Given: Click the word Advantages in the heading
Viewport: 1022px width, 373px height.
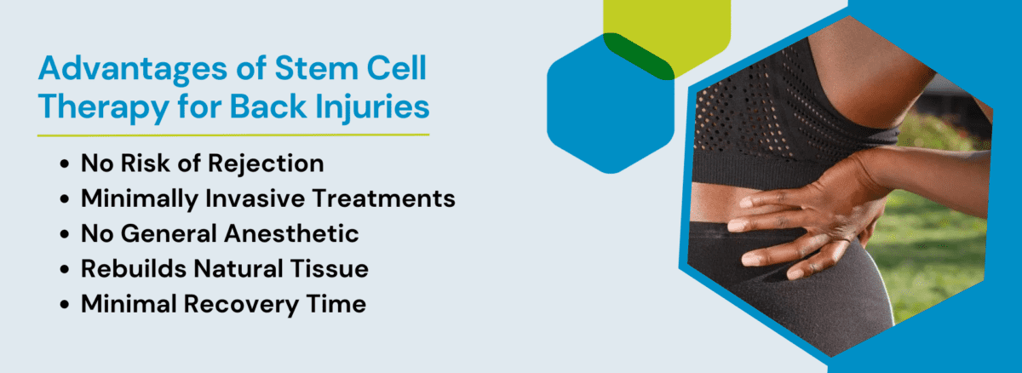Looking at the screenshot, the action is click(x=133, y=69).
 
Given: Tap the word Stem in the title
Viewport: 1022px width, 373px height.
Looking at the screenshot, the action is click(x=317, y=68).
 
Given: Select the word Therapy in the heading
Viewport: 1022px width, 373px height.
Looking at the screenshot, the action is click(x=104, y=108).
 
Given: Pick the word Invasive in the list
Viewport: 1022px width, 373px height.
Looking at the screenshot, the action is click(x=255, y=198).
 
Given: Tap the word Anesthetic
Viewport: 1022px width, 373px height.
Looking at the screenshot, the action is click(x=291, y=233).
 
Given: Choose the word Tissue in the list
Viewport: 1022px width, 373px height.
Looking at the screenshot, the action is click(x=330, y=268).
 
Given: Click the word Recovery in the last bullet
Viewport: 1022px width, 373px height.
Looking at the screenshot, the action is click(x=241, y=305).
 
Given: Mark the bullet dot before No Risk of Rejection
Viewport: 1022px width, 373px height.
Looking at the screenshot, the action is click(x=65, y=164).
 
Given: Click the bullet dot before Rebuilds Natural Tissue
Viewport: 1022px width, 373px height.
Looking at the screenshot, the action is click(x=65, y=269).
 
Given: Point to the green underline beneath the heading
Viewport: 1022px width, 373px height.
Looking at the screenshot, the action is click(x=233, y=135).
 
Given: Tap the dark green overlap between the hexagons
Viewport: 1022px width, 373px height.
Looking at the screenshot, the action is click(x=639, y=55).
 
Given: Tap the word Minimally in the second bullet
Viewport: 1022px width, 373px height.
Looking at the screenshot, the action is click(x=139, y=199).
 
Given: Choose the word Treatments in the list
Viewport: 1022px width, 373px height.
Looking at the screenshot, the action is click(x=384, y=198).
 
